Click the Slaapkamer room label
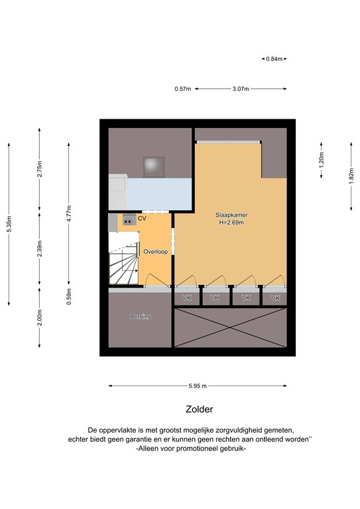[231, 215]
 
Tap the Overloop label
[156, 252]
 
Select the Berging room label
[141, 316]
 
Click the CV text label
[142, 219]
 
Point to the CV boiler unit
[129, 220]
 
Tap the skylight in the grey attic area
[154, 167]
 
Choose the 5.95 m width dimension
[198, 386]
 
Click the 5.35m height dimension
[9, 224]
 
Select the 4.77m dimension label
[69, 213]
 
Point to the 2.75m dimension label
[40, 169]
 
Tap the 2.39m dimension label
[40, 249]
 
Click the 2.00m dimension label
[40, 317]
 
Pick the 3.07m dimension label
[241, 89]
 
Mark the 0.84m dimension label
[274, 59]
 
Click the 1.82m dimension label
[351, 176]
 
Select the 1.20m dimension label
[322, 160]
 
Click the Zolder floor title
[200, 409]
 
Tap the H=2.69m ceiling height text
[231, 223]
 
